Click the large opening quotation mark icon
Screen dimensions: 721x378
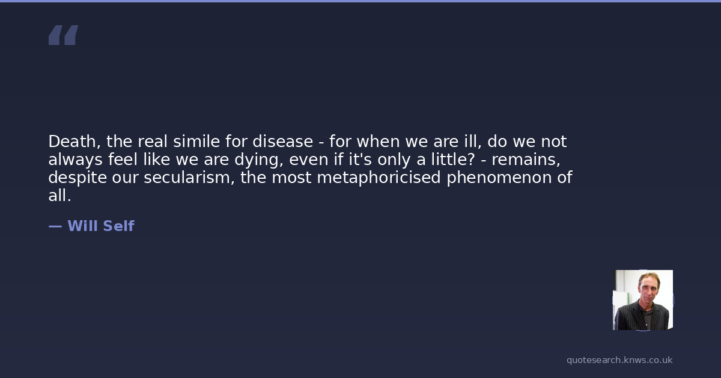click(64, 35)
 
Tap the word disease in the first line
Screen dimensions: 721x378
click(282, 142)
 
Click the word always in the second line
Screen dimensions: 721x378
click(75, 160)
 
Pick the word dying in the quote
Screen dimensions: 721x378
click(259, 160)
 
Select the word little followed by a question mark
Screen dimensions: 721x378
click(452, 159)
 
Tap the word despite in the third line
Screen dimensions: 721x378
click(78, 178)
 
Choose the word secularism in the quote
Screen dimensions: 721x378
click(189, 178)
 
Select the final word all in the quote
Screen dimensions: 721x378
click(59, 196)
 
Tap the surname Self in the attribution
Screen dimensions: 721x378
click(118, 226)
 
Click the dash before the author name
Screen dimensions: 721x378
click(55, 226)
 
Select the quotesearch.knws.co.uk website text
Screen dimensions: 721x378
click(619, 360)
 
